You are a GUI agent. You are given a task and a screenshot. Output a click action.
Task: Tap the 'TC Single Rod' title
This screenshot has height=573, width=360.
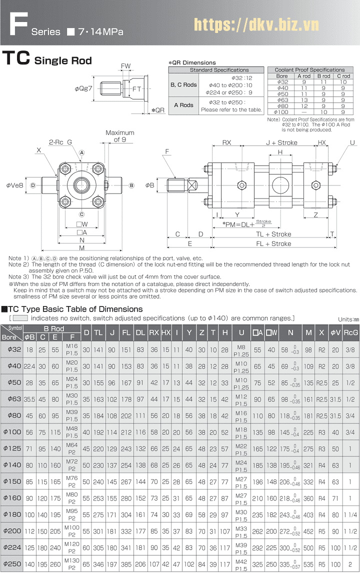click(x=47, y=59)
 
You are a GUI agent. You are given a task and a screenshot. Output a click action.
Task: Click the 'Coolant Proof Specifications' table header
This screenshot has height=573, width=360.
click(x=310, y=70)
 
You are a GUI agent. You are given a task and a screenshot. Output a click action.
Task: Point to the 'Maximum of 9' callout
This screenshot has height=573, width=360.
click(x=119, y=136)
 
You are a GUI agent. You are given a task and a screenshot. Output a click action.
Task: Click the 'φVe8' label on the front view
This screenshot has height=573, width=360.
click(x=14, y=185)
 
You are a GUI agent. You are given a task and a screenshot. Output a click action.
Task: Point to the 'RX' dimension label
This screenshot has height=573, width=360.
click(x=227, y=142)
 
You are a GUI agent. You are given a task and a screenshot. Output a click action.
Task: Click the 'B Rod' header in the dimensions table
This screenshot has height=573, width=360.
click(x=54, y=328)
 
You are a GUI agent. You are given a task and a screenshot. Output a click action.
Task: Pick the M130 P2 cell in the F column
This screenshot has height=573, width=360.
click(x=72, y=563)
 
